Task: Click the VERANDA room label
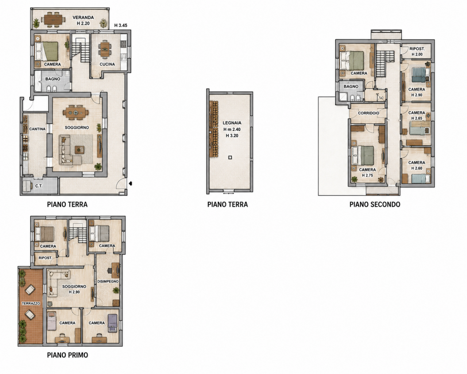tap(83, 17)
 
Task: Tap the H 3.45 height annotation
tap(121, 26)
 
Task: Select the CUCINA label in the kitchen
tap(107, 64)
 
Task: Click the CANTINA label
tap(37, 129)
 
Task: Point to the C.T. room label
tap(39, 186)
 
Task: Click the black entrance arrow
tap(130, 183)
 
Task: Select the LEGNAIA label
tap(232, 123)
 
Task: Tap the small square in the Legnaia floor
tap(230, 157)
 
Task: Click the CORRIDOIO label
tap(368, 113)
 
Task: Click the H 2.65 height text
tap(417, 118)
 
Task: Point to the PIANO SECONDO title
tap(375, 204)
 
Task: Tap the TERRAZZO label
tap(31, 303)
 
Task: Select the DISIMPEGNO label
tap(108, 281)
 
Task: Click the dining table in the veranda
tap(53, 20)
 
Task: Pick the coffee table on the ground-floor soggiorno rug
tap(80, 149)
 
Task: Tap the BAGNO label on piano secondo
tap(351, 86)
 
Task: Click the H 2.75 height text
tap(367, 175)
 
